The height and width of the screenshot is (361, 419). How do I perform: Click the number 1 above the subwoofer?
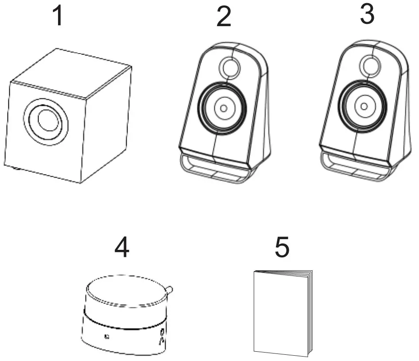58,16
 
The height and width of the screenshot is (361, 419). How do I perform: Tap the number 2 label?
224,18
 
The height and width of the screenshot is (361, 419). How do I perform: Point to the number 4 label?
122,248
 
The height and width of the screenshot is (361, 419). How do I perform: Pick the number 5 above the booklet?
282,248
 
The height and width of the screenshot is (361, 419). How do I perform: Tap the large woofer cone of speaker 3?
364,106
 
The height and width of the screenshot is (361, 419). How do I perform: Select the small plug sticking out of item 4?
169,290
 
